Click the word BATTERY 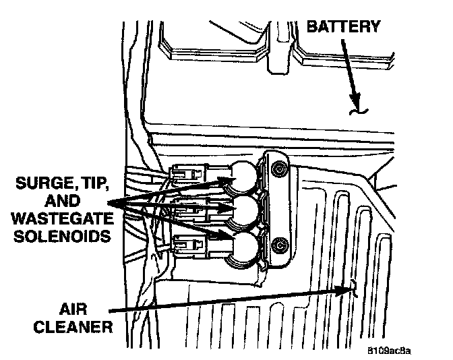click(x=344, y=28)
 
